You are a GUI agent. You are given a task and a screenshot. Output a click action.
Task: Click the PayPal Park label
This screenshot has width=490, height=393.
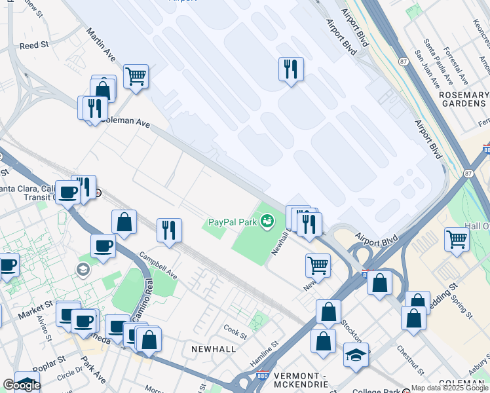tap(232, 222)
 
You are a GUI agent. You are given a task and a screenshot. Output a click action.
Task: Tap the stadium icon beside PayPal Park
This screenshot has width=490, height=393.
tap(267, 222)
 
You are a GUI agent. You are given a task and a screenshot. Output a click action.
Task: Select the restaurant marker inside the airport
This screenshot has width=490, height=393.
tap(291, 69)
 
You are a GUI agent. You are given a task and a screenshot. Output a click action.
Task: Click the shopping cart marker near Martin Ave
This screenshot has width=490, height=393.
tap(136, 76)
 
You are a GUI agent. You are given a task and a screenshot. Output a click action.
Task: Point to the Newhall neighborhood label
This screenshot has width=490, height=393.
tap(213, 349)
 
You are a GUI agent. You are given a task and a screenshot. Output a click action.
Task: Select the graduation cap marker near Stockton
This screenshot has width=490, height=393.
tap(356, 355)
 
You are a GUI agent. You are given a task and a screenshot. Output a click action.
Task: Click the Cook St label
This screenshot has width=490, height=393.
tap(235, 331)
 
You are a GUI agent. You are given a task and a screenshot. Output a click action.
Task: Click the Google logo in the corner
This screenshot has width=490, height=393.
tap(21, 385)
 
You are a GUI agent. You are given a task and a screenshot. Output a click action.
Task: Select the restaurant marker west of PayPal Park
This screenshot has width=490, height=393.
tap(169, 230)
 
